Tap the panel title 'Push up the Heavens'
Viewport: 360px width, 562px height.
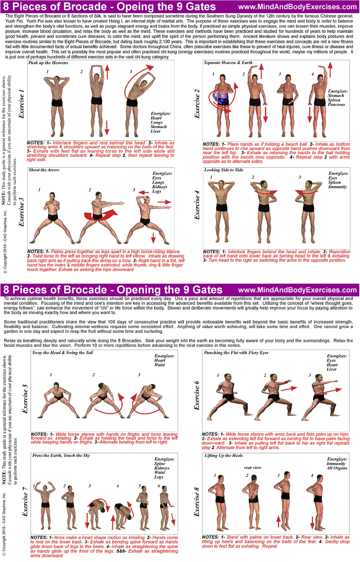[x=48, y=63]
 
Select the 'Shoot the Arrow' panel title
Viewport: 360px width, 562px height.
[x=44, y=170]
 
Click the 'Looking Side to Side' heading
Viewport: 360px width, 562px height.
[x=224, y=170]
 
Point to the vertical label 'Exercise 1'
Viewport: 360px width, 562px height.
[x=21, y=104]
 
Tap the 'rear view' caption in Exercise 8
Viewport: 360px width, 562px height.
[x=253, y=468]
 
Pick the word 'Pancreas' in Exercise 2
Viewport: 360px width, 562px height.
[x=336, y=105]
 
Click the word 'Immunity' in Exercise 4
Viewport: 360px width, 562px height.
[x=337, y=187]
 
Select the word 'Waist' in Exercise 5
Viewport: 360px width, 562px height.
[x=160, y=365]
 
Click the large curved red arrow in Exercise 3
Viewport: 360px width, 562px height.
[x=100, y=216]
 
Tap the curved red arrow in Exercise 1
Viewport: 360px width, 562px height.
[x=137, y=78]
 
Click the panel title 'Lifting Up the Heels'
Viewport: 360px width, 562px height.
[x=224, y=455]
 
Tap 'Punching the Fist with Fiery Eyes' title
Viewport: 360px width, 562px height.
[x=236, y=352]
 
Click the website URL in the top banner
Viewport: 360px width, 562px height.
[x=298, y=7]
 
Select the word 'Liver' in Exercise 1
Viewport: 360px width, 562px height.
[x=155, y=131]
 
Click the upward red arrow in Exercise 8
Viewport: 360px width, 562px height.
[x=278, y=522]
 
